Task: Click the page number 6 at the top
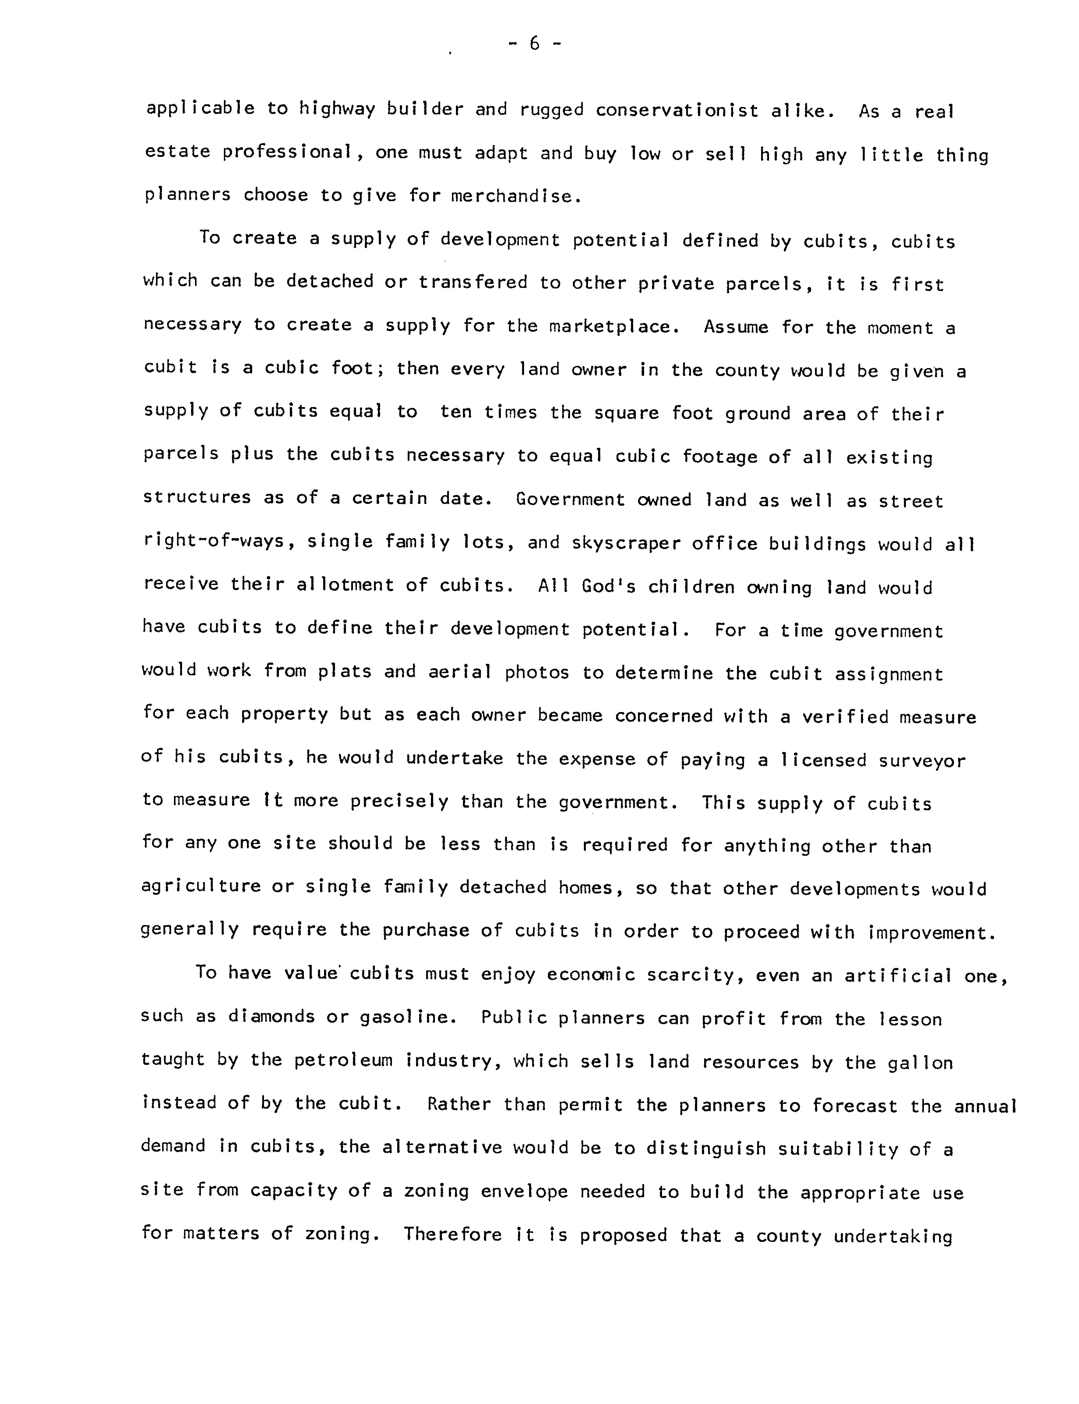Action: point(534,44)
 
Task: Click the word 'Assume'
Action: point(735,327)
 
